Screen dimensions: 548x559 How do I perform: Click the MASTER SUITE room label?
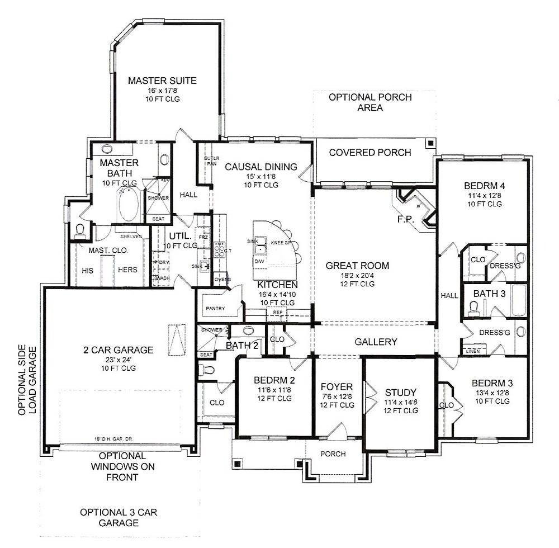tap(162, 81)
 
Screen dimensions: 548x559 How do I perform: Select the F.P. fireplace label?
tap(405, 220)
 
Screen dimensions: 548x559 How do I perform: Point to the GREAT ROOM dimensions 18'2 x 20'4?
tap(357, 275)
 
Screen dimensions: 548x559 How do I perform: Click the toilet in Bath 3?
tap(473, 306)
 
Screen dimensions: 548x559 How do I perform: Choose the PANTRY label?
tap(215, 308)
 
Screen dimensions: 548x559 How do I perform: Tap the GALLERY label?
tap(376, 342)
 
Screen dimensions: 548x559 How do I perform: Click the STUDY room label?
tap(401, 392)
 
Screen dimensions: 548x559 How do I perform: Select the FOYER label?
tap(336, 387)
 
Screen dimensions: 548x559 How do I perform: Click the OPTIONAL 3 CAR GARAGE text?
tap(110, 518)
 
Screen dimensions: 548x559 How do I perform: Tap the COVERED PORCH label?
tap(369, 153)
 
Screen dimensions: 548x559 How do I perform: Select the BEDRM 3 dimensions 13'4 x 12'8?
tap(491, 393)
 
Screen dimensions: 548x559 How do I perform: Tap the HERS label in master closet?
tap(127, 269)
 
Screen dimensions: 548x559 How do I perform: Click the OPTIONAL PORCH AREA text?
tap(369, 102)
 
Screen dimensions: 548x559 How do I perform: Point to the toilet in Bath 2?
tap(206, 369)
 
